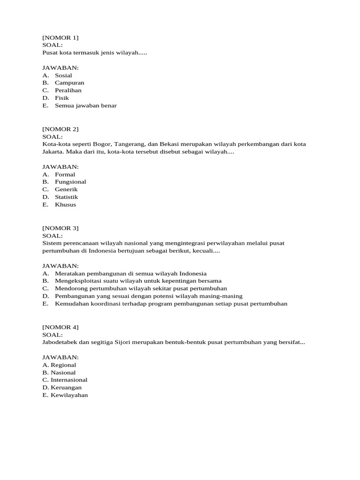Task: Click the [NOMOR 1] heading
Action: pos(60,37)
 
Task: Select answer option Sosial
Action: pos(63,75)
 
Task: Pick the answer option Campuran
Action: pos(69,82)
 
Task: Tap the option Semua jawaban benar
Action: pos(85,105)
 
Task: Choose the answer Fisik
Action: pos(62,98)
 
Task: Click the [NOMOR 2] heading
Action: pos(60,129)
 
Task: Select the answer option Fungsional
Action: pos(70,182)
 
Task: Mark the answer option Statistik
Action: pos(66,197)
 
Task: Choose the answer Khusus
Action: pos(65,204)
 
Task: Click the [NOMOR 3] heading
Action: pos(60,228)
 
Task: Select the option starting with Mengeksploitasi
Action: pos(138,281)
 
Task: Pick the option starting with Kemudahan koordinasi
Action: pos(171,303)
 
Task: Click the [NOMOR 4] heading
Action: pos(60,327)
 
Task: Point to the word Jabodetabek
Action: pos(60,342)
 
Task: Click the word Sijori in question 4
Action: pos(124,342)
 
